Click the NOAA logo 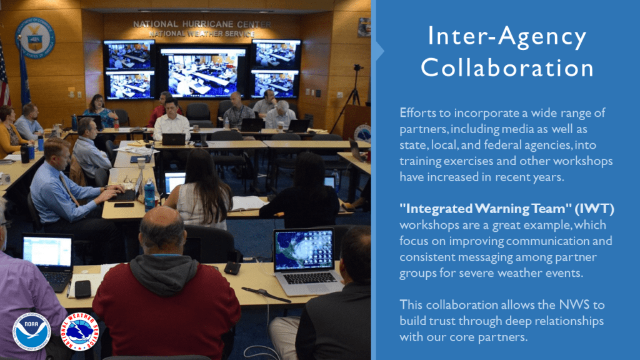point(32,331)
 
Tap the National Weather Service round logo point(80,331)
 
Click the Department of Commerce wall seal point(35,37)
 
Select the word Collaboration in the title point(507,67)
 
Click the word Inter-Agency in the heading point(507,36)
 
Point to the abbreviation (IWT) point(594,209)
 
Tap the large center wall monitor point(203,72)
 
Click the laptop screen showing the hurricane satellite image point(304,249)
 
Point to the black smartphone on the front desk point(83,289)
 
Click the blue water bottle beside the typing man point(149,195)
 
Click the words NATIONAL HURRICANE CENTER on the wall point(202,24)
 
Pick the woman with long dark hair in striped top point(203,187)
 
